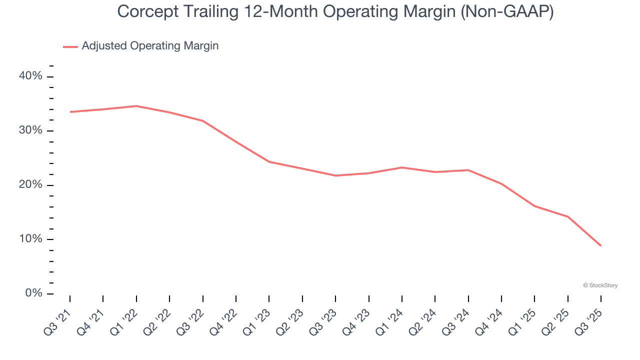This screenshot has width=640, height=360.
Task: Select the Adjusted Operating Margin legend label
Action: (150, 46)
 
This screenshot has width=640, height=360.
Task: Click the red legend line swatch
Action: (70, 46)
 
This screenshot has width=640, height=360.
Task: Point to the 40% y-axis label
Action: (31, 76)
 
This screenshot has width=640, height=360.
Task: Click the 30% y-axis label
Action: (31, 130)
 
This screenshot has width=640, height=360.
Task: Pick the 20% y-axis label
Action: (31, 185)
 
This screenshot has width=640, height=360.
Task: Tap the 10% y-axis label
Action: (31, 239)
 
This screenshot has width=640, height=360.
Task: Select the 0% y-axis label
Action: (34, 293)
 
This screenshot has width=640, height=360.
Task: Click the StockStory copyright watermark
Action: (600, 285)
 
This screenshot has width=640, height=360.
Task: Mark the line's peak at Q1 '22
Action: (136, 106)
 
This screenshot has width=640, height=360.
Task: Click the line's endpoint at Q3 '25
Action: (600, 245)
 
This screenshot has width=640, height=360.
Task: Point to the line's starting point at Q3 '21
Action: (70, 112)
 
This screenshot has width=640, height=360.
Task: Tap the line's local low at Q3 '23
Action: (335, 175)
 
